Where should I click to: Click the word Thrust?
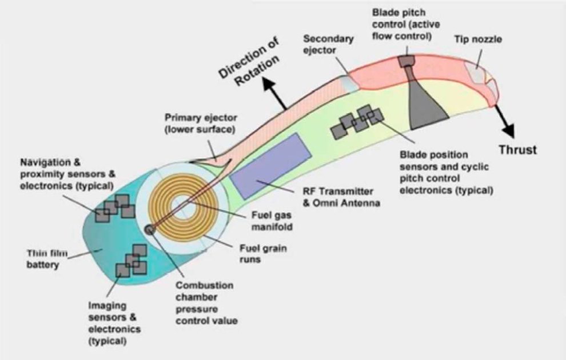pos(517,150)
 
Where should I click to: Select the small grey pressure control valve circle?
pos(150,229)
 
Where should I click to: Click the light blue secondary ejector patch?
pos(350,83)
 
